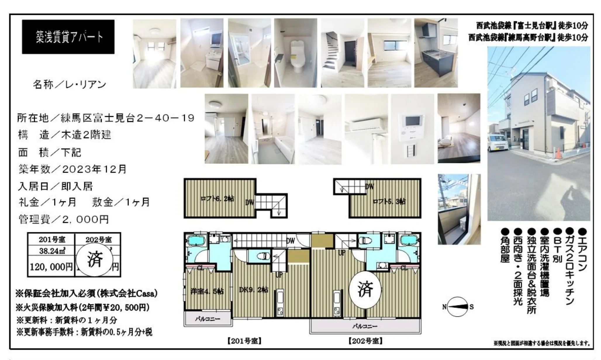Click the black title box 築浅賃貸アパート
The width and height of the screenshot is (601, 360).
point(68,37)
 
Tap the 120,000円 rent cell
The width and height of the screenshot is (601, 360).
point(51,266)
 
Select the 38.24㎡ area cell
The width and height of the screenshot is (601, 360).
point(52,251)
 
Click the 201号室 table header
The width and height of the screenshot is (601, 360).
point(52,240)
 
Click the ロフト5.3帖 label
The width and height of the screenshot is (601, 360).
point(389,201)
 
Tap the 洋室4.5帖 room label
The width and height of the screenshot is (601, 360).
point(207,291)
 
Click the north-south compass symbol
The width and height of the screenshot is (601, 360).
point(457,307)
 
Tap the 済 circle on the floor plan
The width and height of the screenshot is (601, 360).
point(365,290)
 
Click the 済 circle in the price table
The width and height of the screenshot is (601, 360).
point(95,259)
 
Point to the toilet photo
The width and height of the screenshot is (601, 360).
point(296,53)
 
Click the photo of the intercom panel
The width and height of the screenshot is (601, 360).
point(412,129)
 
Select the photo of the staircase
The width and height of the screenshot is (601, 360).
point(342,53)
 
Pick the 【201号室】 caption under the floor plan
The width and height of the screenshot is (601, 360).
point(244,341)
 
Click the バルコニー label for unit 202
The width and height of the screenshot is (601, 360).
point(365,326)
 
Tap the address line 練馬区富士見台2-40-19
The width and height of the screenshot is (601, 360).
point(127,118)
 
